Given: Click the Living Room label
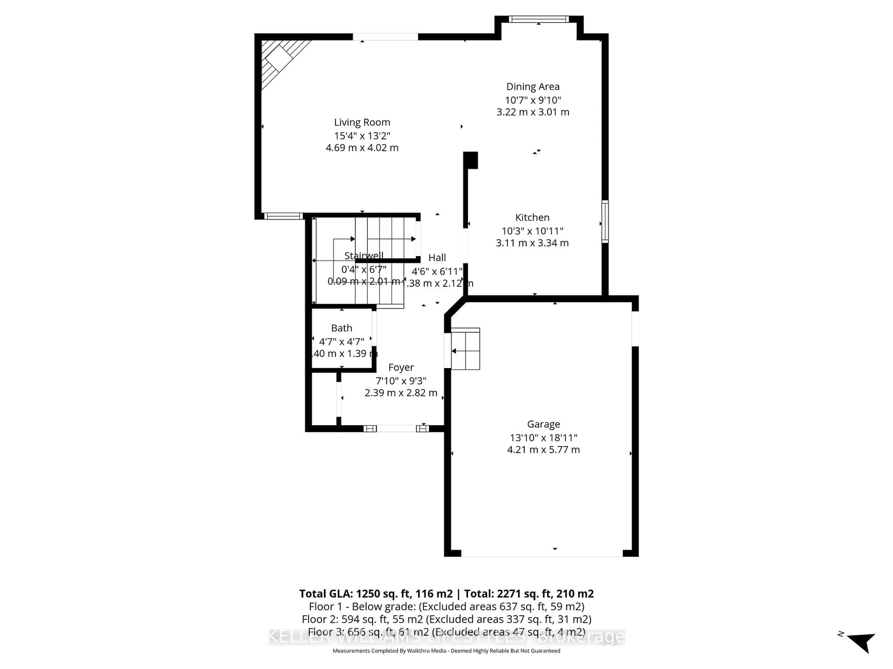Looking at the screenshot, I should pyautogui.click(x=362, y=122).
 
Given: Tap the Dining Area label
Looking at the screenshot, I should pyautogui.click(x=533, y=87).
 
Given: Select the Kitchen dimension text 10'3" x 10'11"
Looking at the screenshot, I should pyautogui.click(x=532, y=231).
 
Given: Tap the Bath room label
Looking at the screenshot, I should pyautogui.click(x=342, y=328).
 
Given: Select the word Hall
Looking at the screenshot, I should pyautogui.click(x=437, y=258).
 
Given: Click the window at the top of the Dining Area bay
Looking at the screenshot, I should pyautogui.click(x=539, y=19).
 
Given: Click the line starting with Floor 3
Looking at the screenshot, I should pyautogui.click(x=446, y=632).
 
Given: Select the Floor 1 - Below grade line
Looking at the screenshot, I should pyautogui.click(x=446, y=607).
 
